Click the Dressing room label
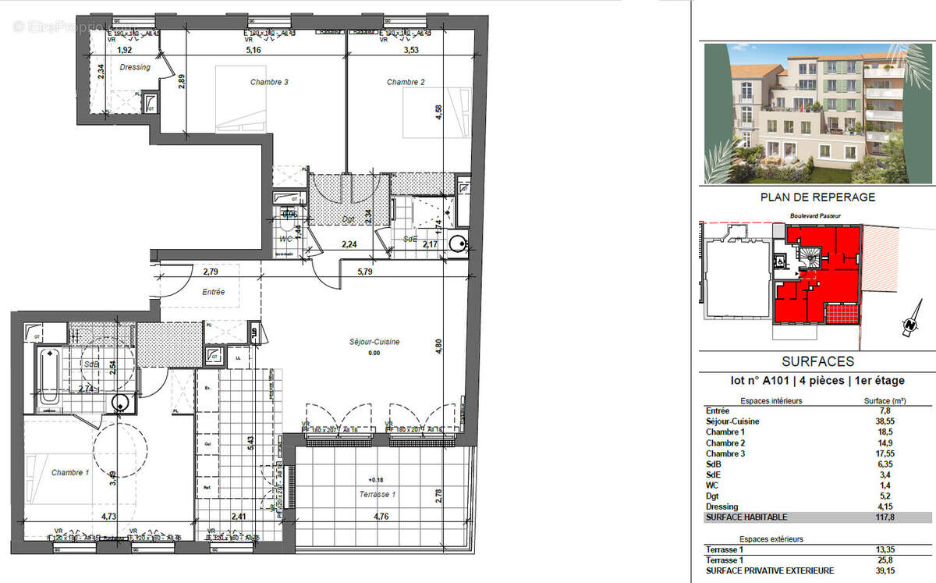click(x=135, y=67)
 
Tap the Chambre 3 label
click(x=270, y=82)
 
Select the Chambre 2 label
click(x=406, y=82)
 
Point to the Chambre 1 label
click(x=70, y=473)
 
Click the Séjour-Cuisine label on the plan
click(x=374, y=342)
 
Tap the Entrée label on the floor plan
click(x=213, y=292)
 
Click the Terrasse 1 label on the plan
click(x=378, y=495)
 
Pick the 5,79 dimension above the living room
click(x=366, y=272)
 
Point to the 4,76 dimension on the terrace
click(x=381, y=516)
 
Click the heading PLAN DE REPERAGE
click(x=817, y=197)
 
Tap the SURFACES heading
click(x=817, y=361)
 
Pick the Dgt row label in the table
click(x=712, y=496)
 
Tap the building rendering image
click(x=817, y=113)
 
